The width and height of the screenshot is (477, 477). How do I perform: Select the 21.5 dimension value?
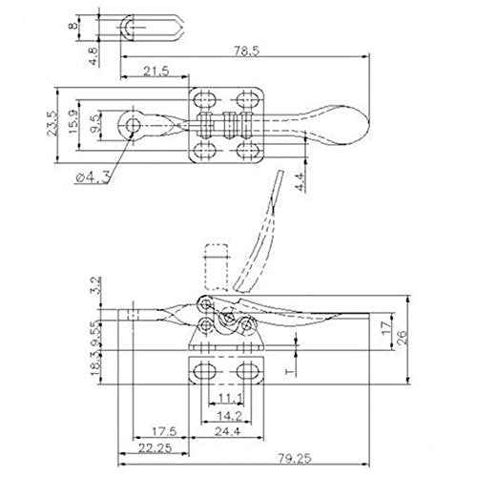pos(158,73)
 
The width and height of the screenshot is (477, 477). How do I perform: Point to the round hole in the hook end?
pos(130,124)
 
